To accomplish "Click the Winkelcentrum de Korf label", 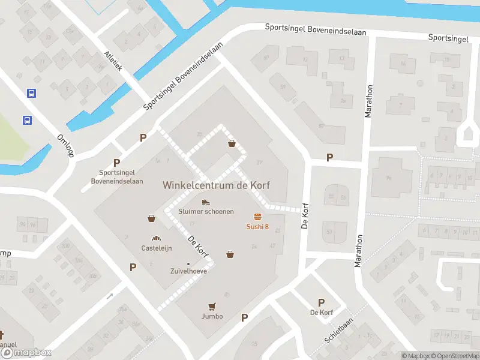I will tap(216, 185).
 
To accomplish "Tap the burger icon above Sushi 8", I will tap(257, 217).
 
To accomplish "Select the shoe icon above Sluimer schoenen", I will tap(206, 202).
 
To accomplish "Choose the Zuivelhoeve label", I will tap(188, 271).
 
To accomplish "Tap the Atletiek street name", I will tap(113, 61).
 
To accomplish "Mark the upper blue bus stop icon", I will tap(31, 93).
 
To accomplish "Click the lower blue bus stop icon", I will tap(27, 120).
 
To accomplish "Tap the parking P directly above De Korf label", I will tap(321, 302).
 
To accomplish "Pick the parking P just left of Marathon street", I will tap(329, 157).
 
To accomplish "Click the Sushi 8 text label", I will tap(257, 226).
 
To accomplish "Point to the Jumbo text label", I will tap(212, 316).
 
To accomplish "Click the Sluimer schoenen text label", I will tap(206, 212).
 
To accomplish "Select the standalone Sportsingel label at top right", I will tap(448, 38).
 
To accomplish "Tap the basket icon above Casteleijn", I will tap(152, 218).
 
